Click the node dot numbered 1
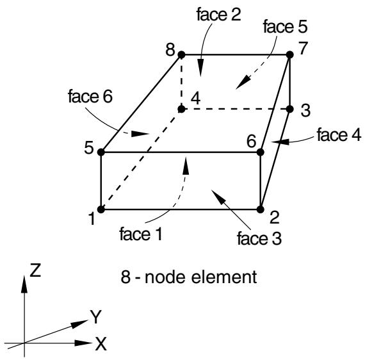[x=101, y=209]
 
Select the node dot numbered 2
[x=260, y=209]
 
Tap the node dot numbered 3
[x=290, y=109]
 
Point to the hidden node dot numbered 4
[x=181, y=109]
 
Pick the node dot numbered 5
[x=101, y=152]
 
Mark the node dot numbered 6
[x=260, y=152]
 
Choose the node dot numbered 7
[x=290, y=54]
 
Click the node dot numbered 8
[x=181, y=55]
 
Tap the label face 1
[x=141, y=234]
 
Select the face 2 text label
[x=218, y=15]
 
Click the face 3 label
[x=259, y=238]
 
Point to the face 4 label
[x=339, y=135]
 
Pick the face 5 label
[x=285, y=26]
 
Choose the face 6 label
[x=90, y=96]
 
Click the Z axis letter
[x=35, y=270]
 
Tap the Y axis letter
[x=96, y=317]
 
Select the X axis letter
[x=101, y=344]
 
